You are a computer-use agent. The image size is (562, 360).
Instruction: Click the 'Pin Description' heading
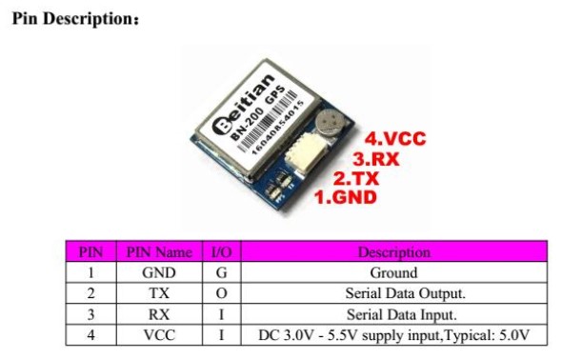pyautogui.click(x=72, y=18)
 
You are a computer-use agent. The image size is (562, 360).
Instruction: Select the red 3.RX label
pyautogui.click(x=374, y=159)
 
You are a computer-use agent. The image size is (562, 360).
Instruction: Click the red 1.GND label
pyautogui.click(x=346, y=197)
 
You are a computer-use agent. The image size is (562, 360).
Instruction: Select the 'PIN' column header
pyautogui.click(x=90, y=252)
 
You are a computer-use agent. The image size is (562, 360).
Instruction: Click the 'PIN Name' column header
pyautogui.click(x=159, y=252)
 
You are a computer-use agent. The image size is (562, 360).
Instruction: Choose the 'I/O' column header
pyautogui.click(x=221, y=252)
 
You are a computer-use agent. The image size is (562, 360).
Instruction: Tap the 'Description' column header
pyautogui.click(x=393, y=252)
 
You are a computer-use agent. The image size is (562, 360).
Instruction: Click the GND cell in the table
pyautogui.click(x=159, y=272)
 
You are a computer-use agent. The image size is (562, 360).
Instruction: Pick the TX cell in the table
pyautogui.click(x=159, y=293)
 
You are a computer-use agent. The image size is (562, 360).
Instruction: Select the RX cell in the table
pyautogui.click(x=159, y=314)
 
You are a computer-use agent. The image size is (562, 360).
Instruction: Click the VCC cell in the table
pyautogui.click(x=159, y=335)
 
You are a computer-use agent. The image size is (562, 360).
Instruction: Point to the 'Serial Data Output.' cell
pyautogui.click(x=393, y=293)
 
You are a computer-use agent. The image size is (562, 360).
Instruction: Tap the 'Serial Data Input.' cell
pyautogui.click(x=393, y=314)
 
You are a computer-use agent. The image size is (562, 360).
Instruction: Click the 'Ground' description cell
pyautogui.click(x=393, y=272)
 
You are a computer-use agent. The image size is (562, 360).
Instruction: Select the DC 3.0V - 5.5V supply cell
pyautogui.click(x=393, y=335)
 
